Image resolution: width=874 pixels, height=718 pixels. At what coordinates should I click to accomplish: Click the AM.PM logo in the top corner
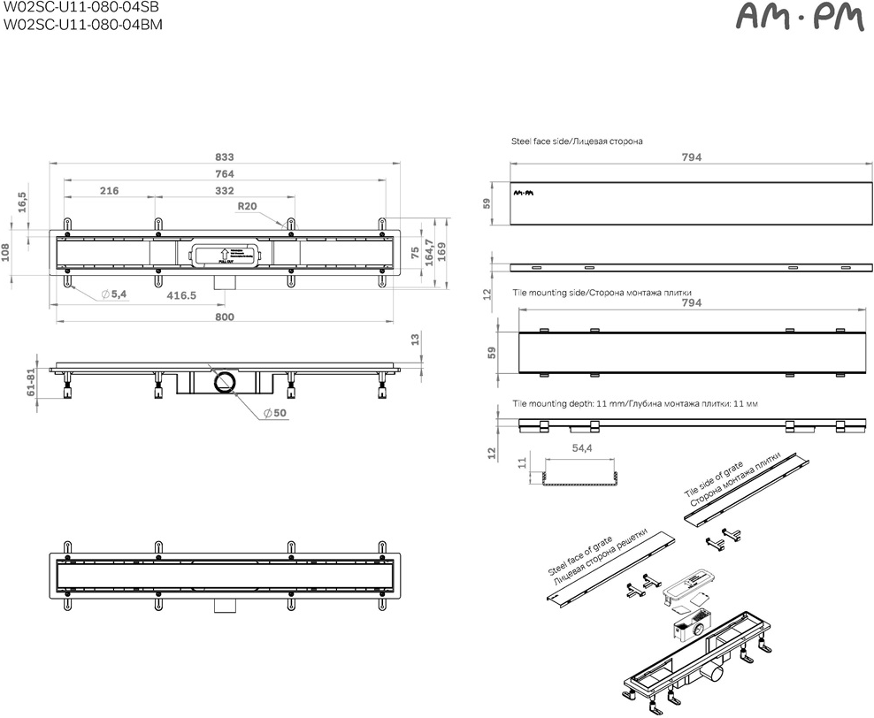tap(799, 18)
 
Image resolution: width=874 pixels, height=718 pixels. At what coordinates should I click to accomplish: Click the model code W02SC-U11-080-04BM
tap(81, 24)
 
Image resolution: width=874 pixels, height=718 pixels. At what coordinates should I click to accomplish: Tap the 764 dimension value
tap(225, 174)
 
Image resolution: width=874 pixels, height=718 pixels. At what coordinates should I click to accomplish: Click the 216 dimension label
tap(110, 191)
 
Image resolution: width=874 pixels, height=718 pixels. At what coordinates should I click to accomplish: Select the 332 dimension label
tap(225, 191)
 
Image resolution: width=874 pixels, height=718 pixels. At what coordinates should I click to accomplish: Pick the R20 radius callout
tap(247, 207)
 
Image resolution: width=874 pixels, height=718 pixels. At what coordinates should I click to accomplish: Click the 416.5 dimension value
tap(181, 295)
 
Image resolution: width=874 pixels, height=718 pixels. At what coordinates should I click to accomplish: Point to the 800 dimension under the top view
tap(225, 317)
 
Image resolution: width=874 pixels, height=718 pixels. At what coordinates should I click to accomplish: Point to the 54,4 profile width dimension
tap(581, 449)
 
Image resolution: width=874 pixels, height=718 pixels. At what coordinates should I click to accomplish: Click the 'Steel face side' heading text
tap(577, 141)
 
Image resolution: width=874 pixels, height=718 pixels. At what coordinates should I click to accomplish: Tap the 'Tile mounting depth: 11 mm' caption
tap(634, 403)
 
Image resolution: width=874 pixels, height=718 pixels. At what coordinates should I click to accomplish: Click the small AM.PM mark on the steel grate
tap(525, 191)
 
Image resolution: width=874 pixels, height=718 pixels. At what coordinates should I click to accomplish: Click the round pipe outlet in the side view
tap(225, 382)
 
